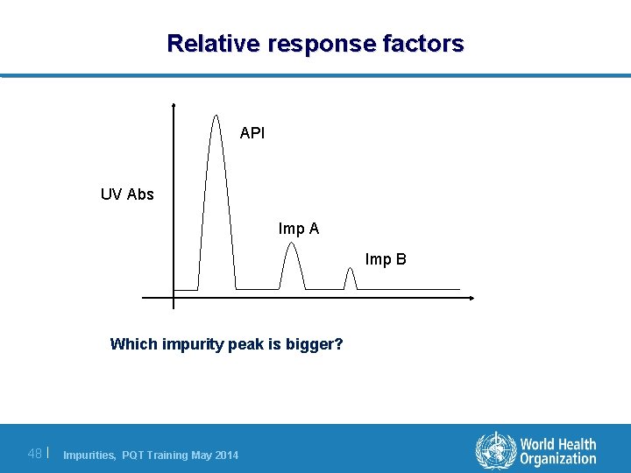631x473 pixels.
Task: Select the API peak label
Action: coord(252,133)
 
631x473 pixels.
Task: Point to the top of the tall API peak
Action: coord(216,115)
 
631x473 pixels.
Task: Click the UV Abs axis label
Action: coord(127,194)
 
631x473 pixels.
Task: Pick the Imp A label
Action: coord(299,229)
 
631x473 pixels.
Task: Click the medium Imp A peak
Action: coord(292,263)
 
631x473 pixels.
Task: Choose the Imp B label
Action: coord(386,259)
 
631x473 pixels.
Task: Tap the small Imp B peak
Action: coord(350,278)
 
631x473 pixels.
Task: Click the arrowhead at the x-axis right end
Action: coord(471,299)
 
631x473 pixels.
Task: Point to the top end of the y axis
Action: coord(174,105)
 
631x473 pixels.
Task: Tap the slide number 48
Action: coord(35,453)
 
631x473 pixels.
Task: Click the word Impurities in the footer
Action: coord(90,455)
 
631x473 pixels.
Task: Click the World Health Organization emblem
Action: coord(496,450)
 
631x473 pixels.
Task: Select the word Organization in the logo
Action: coord(558,459)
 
